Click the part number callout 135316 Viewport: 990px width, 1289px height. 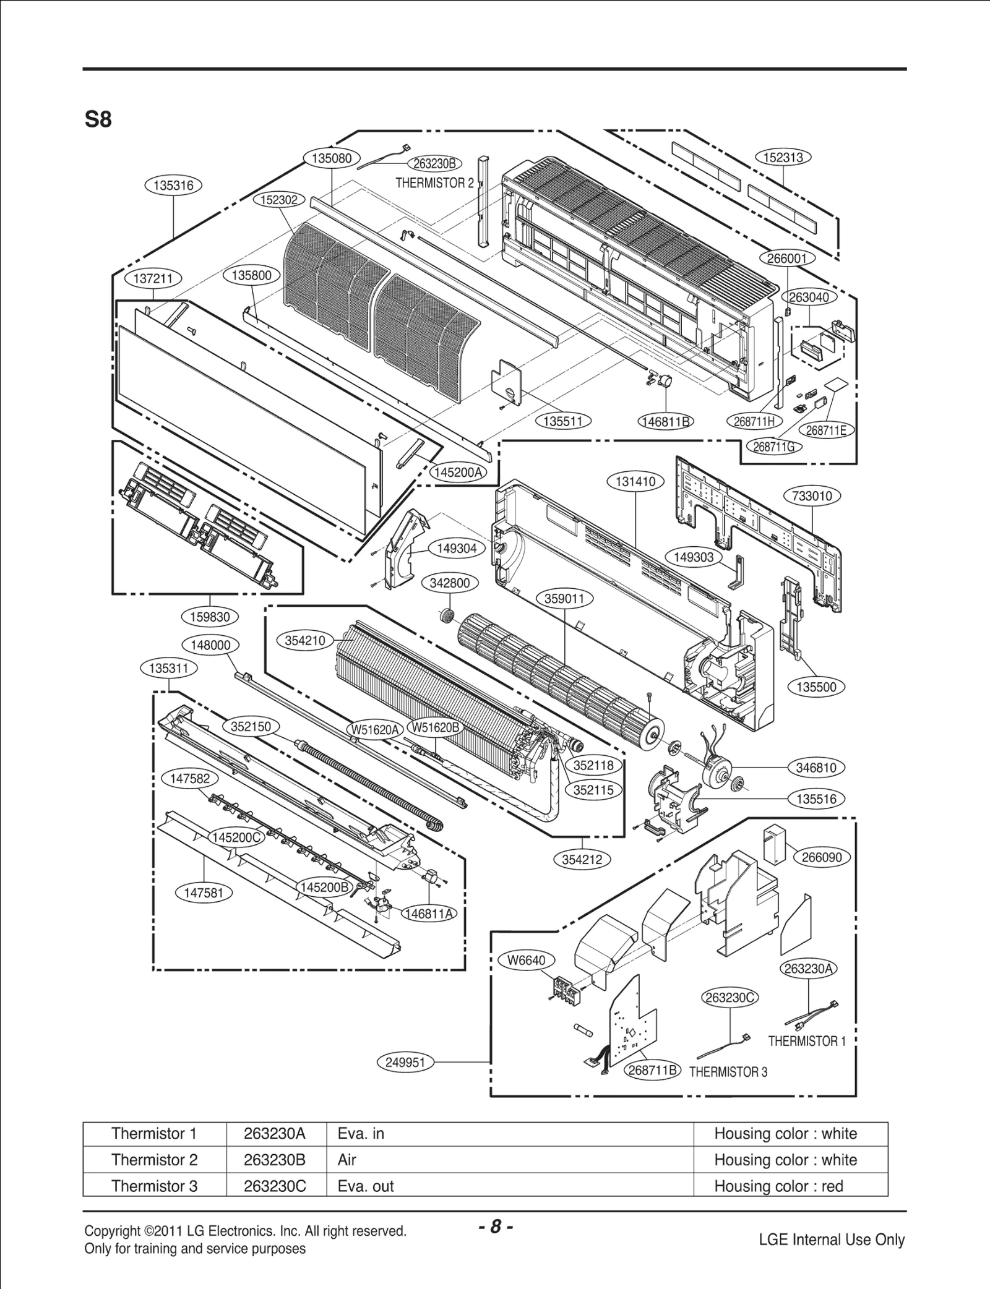click(173, 185)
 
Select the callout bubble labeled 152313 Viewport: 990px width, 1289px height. click(783, 157)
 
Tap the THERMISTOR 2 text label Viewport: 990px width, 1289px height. click(434, 183)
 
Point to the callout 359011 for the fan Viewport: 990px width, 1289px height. click(568, 599)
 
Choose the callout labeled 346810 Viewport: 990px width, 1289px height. click(816, 768)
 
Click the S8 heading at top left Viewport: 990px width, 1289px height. click(98, 119)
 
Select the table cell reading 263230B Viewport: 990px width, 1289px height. click(275, 1160)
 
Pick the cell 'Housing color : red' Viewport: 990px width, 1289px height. click(778, 1186)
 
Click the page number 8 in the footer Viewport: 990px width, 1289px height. click(495, 1227)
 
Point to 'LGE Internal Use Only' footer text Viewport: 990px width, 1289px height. click(831, 1240)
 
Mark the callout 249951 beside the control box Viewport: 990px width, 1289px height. click(405, 1063)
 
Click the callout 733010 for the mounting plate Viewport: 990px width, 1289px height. click(812, 496)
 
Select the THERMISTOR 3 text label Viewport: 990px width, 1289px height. click(728, 1072)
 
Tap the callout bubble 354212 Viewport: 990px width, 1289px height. click(582, 859)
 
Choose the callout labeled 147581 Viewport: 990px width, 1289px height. click(204, 893)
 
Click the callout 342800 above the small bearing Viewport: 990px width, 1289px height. click(449, 583)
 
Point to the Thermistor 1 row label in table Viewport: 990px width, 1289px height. click(153, 1134)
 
